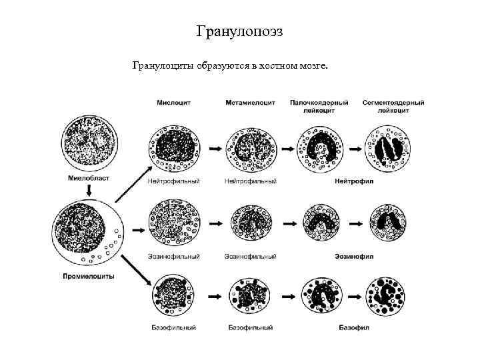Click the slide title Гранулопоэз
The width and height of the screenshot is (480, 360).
click(x=240, y=31)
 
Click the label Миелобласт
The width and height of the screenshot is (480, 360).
click(x=88, y=178)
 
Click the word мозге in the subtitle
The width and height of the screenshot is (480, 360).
click(x=313, y=65)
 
